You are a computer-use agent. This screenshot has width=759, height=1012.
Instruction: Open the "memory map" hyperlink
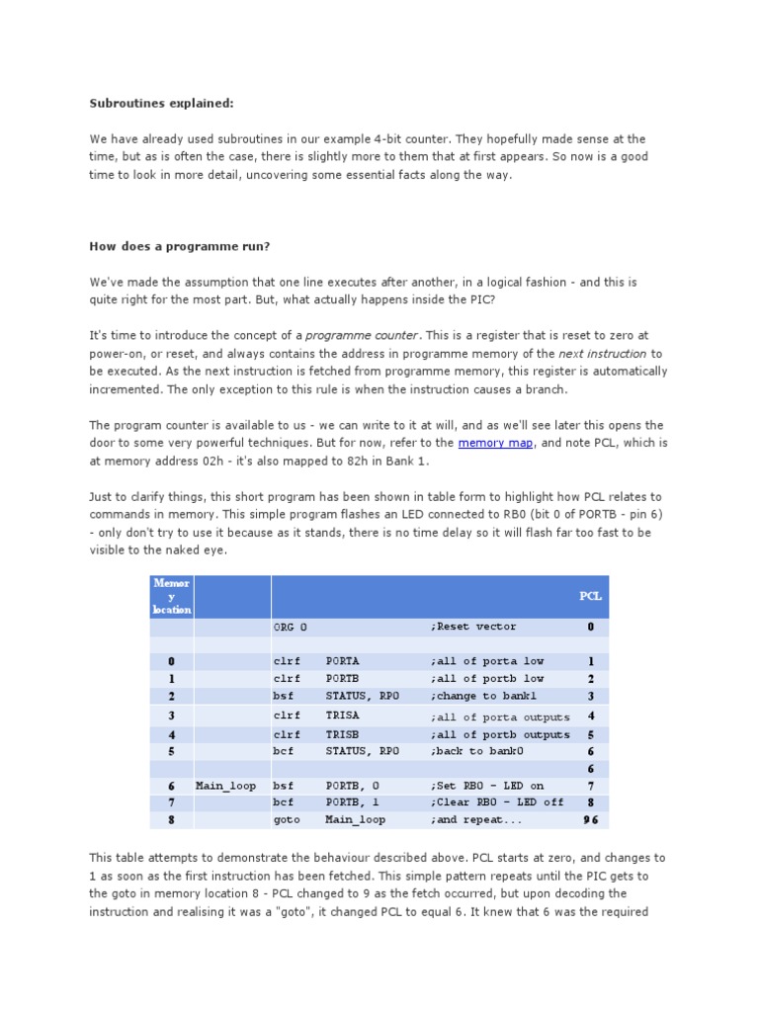(x=495, y=444)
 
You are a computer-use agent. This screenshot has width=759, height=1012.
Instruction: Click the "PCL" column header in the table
(x=590, y=597)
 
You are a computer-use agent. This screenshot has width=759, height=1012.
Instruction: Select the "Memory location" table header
(x=172, y=597)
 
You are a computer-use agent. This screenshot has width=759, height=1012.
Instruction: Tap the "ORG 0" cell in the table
(x=291, y=627)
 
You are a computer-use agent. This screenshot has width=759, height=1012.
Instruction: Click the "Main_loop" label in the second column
(x=225, y=786)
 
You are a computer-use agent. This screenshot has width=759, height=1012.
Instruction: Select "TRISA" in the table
(x=342, y=716)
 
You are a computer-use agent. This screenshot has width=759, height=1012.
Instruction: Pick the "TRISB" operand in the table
(x=342, y=734)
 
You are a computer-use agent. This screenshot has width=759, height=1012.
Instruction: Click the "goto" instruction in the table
(x=287, y=819)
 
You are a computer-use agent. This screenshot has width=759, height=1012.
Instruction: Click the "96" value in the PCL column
(x=590, y=820)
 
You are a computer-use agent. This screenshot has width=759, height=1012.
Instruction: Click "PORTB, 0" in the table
(x=352, y=786)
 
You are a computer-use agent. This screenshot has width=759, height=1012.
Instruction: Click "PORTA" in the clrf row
(x=342, y=661)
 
